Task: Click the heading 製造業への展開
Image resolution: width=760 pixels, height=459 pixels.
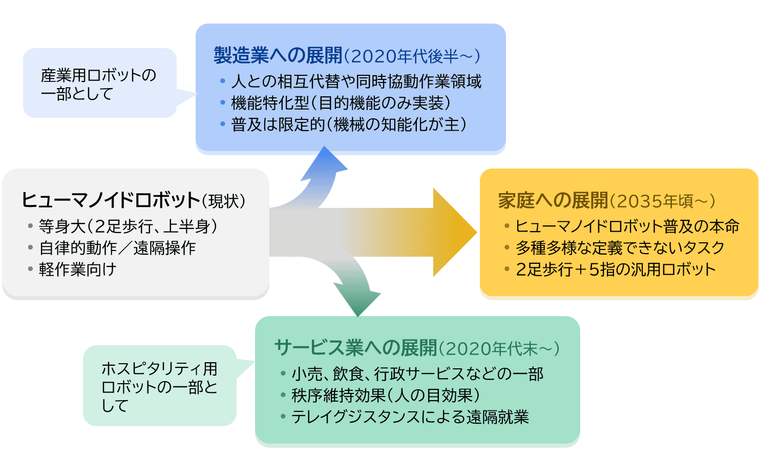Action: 278,55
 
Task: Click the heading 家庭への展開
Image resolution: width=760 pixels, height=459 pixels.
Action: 553,200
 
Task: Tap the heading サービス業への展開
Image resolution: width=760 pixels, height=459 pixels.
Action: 355,348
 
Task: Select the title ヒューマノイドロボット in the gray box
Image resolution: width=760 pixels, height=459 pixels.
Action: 111,200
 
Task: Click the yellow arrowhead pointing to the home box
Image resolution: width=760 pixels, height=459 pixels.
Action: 454,232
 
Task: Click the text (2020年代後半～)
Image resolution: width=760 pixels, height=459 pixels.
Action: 412,56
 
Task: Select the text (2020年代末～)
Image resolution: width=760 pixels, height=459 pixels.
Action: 499,349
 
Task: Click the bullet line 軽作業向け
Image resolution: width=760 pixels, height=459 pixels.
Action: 78,269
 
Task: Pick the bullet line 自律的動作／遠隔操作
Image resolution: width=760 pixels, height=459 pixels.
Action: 117,248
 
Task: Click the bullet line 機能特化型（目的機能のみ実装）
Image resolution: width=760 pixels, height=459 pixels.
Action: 341,103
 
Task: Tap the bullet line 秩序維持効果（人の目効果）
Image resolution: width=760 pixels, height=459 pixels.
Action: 386,395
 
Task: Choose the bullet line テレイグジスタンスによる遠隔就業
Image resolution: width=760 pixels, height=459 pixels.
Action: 410,416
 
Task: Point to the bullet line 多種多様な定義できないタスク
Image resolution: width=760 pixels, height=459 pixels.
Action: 620,248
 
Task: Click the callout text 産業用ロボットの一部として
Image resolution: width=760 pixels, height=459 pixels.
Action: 98,84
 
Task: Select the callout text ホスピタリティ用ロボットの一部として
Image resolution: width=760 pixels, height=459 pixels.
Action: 159,386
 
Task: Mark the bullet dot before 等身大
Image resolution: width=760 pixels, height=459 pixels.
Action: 31,226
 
